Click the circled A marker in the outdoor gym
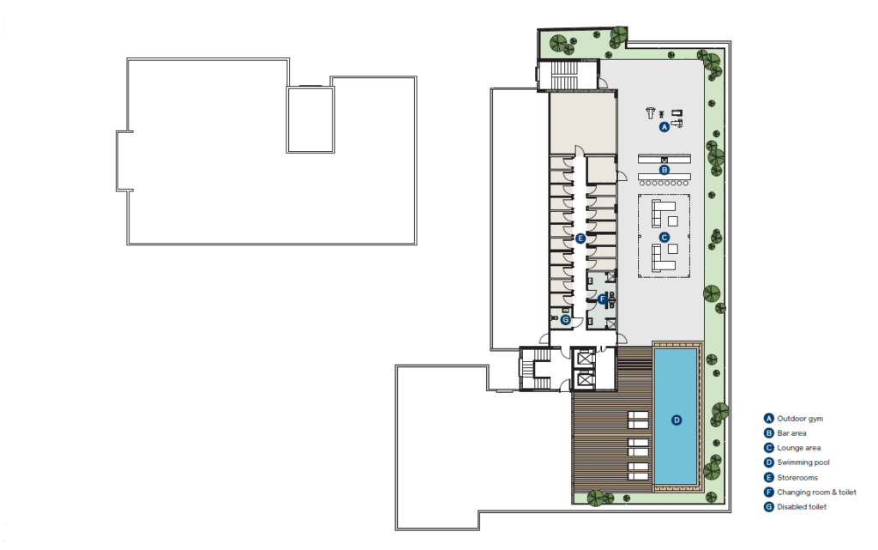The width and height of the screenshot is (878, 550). [665, 127]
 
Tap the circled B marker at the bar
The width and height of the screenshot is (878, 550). [665, 170]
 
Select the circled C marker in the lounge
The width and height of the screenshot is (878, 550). [665, 238]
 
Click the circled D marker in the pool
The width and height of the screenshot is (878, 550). [677, 420]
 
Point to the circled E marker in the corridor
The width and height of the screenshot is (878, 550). [580, 239]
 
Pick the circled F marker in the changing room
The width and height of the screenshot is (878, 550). [602, 299]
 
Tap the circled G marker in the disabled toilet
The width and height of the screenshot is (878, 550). [566, 320]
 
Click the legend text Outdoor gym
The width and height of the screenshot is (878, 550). [800, 419]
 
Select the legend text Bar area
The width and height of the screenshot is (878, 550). [791, 433]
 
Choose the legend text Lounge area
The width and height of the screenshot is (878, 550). [798, 448]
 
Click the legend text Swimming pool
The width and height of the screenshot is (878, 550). [803, 462]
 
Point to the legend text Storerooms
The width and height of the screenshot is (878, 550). [797, 477]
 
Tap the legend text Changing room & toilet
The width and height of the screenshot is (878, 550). [816, 492]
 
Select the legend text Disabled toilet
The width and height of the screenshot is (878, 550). [802, 506]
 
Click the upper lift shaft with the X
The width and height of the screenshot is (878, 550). [585, 357]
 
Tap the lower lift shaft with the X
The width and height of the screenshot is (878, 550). [585, 380]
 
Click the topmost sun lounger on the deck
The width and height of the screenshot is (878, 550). [638, 420]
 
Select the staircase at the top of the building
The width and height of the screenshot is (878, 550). [564, 76]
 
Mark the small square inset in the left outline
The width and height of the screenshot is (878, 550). [310, 119]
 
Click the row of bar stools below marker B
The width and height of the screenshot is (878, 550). [665, 183]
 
